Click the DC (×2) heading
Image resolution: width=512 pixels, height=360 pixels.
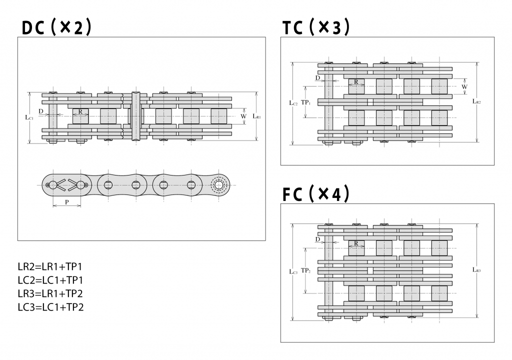56,28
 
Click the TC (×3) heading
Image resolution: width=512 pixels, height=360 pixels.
316,28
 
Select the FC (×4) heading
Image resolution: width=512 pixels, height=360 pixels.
316,194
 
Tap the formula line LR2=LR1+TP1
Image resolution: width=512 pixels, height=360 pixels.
49,266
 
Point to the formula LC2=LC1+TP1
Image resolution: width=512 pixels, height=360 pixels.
49,280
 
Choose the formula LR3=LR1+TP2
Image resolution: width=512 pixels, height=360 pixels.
49,293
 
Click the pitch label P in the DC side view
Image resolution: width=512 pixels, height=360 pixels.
66,201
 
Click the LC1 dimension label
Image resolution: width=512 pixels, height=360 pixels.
29,117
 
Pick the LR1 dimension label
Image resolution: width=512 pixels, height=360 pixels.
256,116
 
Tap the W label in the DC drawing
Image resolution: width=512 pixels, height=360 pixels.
243,116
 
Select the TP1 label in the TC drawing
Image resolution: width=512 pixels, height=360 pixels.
306,102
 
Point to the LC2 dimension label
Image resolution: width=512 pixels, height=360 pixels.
293,103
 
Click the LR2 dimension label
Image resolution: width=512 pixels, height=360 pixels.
476,101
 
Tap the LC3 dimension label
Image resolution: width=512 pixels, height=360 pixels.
293,271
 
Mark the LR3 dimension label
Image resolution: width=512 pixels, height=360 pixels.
476,270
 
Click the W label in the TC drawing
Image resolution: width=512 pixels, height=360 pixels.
464,86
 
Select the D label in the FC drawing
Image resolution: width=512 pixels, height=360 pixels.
317,239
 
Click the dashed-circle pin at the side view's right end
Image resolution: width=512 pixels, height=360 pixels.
218,185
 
